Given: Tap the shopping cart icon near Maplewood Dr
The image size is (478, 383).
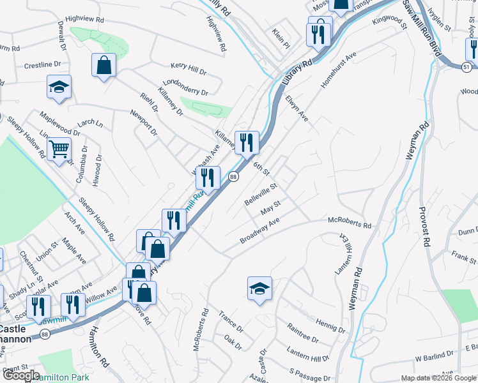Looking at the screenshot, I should point(59,149).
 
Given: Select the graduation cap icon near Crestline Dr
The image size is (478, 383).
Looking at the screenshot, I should point(59,87).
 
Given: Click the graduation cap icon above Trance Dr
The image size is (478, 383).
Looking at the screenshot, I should point(260,289).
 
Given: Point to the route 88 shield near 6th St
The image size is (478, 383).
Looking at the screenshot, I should point(234,177).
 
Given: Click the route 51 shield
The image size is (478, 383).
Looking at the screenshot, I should point(467,66).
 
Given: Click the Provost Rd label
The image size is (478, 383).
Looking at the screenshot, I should point(424,227).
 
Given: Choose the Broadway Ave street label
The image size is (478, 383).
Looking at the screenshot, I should point(260,230).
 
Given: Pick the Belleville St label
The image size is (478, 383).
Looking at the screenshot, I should point(261,195).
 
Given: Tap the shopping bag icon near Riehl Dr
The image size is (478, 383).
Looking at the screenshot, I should point(104,65).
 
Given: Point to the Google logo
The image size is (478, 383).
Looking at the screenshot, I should point(21,375).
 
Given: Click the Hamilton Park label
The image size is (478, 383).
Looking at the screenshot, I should point(62,378).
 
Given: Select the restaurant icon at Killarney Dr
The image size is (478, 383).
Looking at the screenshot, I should point(246,142).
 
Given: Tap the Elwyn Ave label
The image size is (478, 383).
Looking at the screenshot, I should point(297,109).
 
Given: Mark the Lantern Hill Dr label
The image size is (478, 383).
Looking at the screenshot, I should point(308,359).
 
